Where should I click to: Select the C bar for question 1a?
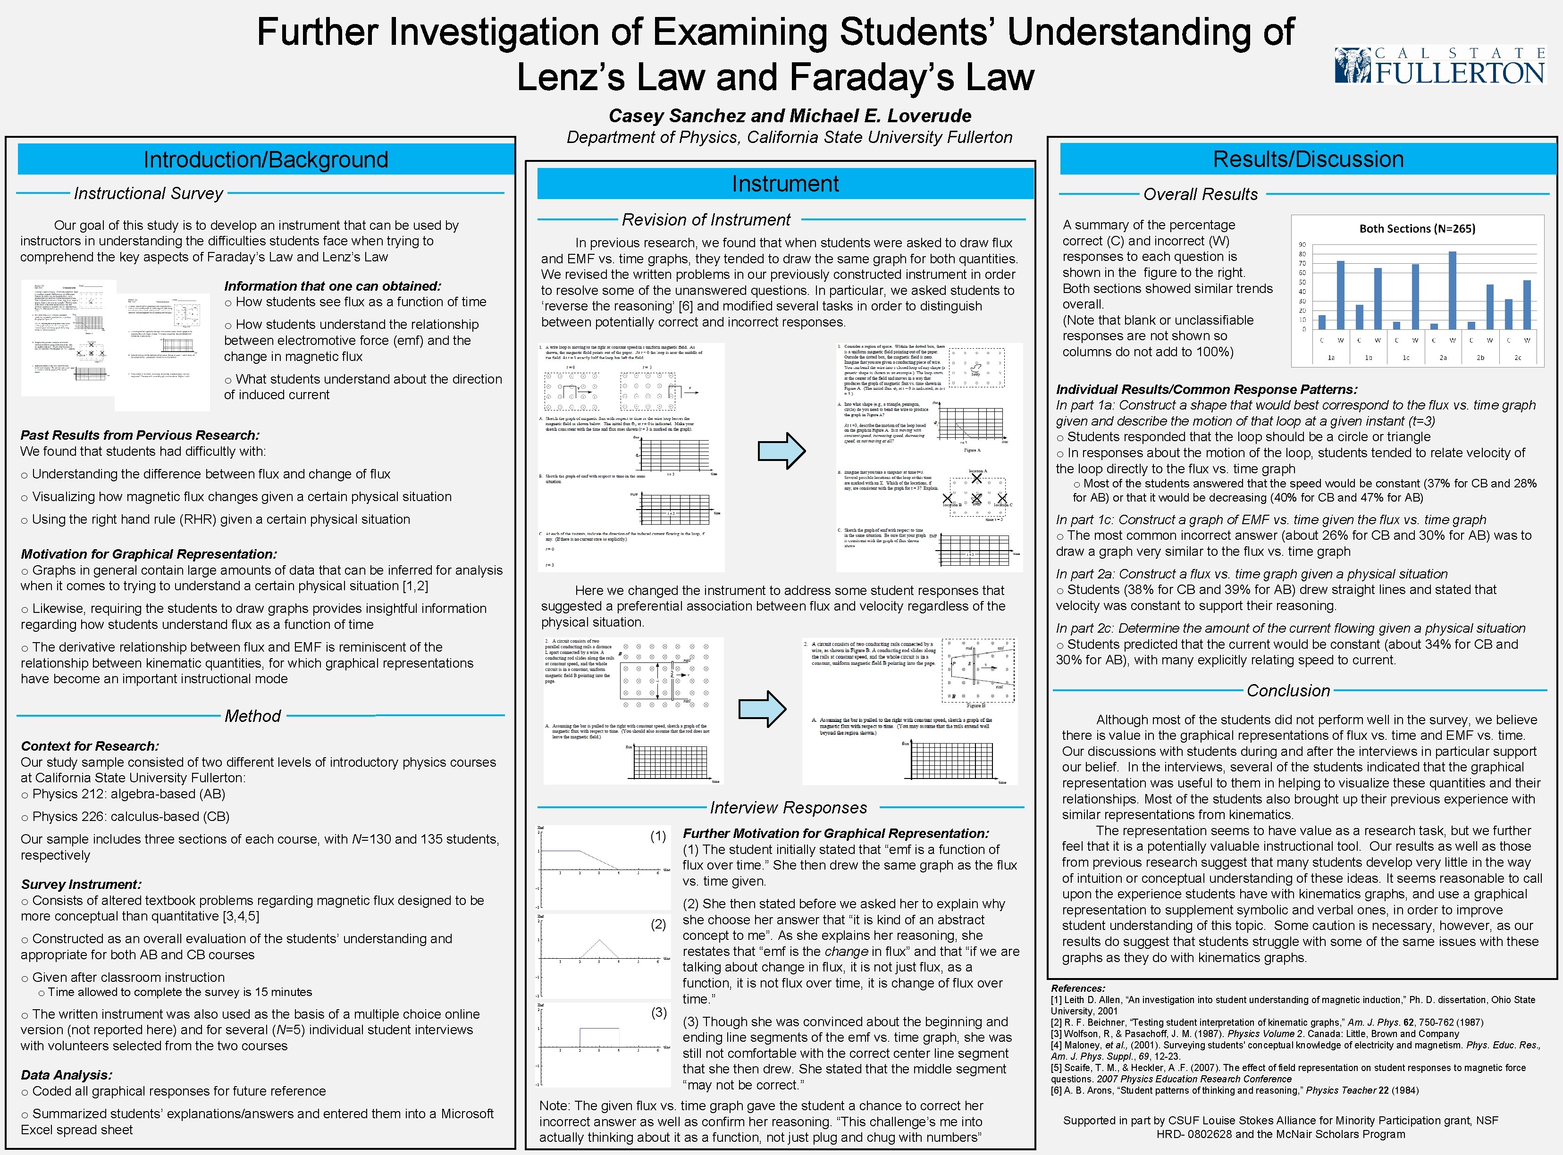tap(1322, 322)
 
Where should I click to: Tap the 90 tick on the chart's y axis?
tap(1302, 245)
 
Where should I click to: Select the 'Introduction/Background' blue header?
tap(266, 159)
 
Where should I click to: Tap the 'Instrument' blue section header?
tap(785, 184)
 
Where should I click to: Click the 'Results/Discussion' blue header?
tap(1308, 159)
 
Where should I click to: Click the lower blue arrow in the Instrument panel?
tap(762, 708)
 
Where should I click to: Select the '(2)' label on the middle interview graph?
tap(658, 924)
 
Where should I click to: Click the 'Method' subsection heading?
tap(252, 716)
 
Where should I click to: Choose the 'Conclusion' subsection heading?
tap(1288, 691)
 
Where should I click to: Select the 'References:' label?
tap(1078, 988)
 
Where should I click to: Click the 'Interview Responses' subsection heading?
tap(788, 808)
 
